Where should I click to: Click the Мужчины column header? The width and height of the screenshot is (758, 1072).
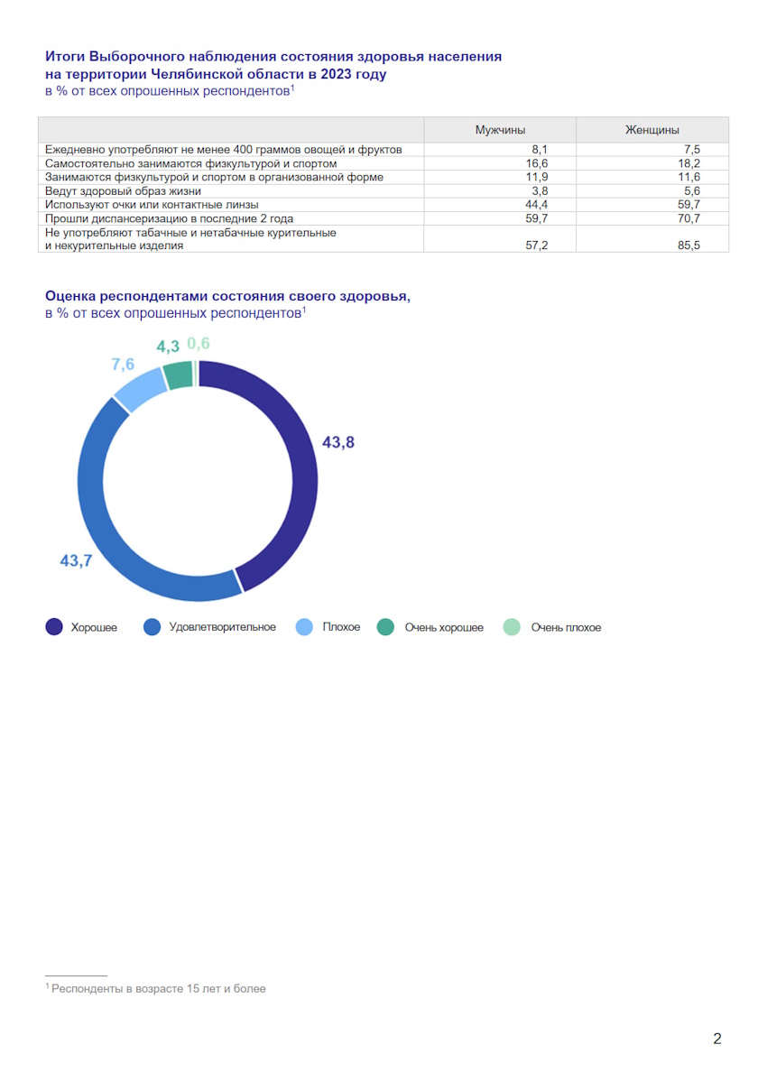tap(500, 130)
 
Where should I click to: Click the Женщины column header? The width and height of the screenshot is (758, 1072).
tap(652, 130)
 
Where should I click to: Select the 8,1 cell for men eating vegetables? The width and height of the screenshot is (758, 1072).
tap(540, 150)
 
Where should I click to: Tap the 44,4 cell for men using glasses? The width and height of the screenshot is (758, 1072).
tap(537, 205)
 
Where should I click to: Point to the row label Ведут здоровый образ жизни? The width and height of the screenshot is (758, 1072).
tap(124, 191)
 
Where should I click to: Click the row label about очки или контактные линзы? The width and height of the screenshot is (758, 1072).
tap(152, 205)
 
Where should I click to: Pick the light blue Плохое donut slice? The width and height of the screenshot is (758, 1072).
tap(139, 388)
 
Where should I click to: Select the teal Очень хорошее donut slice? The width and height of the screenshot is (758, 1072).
tap(179, 373)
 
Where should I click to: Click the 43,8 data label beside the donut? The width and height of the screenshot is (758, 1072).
tap(338, 442)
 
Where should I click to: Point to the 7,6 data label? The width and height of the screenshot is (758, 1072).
tap(124, 364)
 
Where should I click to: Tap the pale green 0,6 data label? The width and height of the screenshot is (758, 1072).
tap(199, 343)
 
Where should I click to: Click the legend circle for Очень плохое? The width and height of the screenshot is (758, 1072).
tap(512, 627)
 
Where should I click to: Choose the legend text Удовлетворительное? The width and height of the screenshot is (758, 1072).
tap(222, 627)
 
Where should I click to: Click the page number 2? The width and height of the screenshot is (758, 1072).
tap(717, 1039)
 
